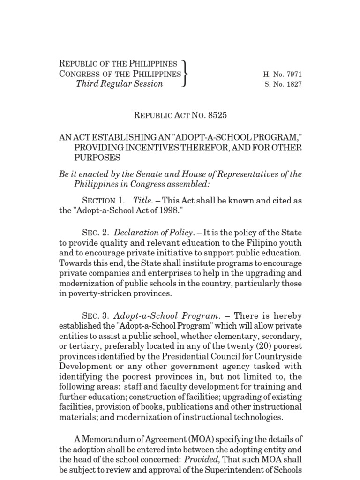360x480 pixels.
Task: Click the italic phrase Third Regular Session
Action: pos(120,84)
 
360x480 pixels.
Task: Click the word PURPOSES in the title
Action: pos(97,158)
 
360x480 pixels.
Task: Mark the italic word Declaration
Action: pos(136,233)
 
